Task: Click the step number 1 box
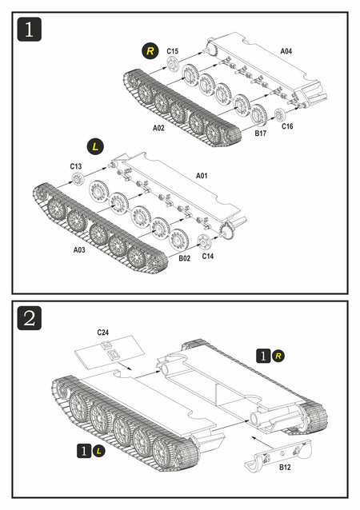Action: pyautogui.click(x=30, y=30)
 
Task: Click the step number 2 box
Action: pyautogui.click(x=30, y=318)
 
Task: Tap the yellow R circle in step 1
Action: pyautogui.click(x=150, y=51)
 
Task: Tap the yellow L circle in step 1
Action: pyautogui.click(x=95, y=147)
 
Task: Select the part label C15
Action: pyautogui.click(x=173, y=51)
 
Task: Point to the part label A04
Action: pyautogui.click(x=286, y=51)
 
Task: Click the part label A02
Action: pyautogui.click(x=158, y=128)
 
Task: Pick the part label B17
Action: pyautogui.click(x=260, y=133)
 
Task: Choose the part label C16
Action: pyautogui.click(x=287, y=126)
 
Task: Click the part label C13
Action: pyautogui.click(x=76, y=166)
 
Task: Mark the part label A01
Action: pyautogui.click(x=202, y=176)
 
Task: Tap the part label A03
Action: pyautogui.click(x=79, y=249)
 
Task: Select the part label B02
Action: pyautogui.click(x=184, y=258)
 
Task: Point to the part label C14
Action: pyautogui.click(x=208, y=256)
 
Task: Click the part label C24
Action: pyautogui.click(x=103, y=332)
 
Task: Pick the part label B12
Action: pyautogui.click(x=285, y=467)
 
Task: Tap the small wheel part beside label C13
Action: pyautogui.click(x=78, y=178)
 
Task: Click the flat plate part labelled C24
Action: pyautogui.click(x=110, y=353)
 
